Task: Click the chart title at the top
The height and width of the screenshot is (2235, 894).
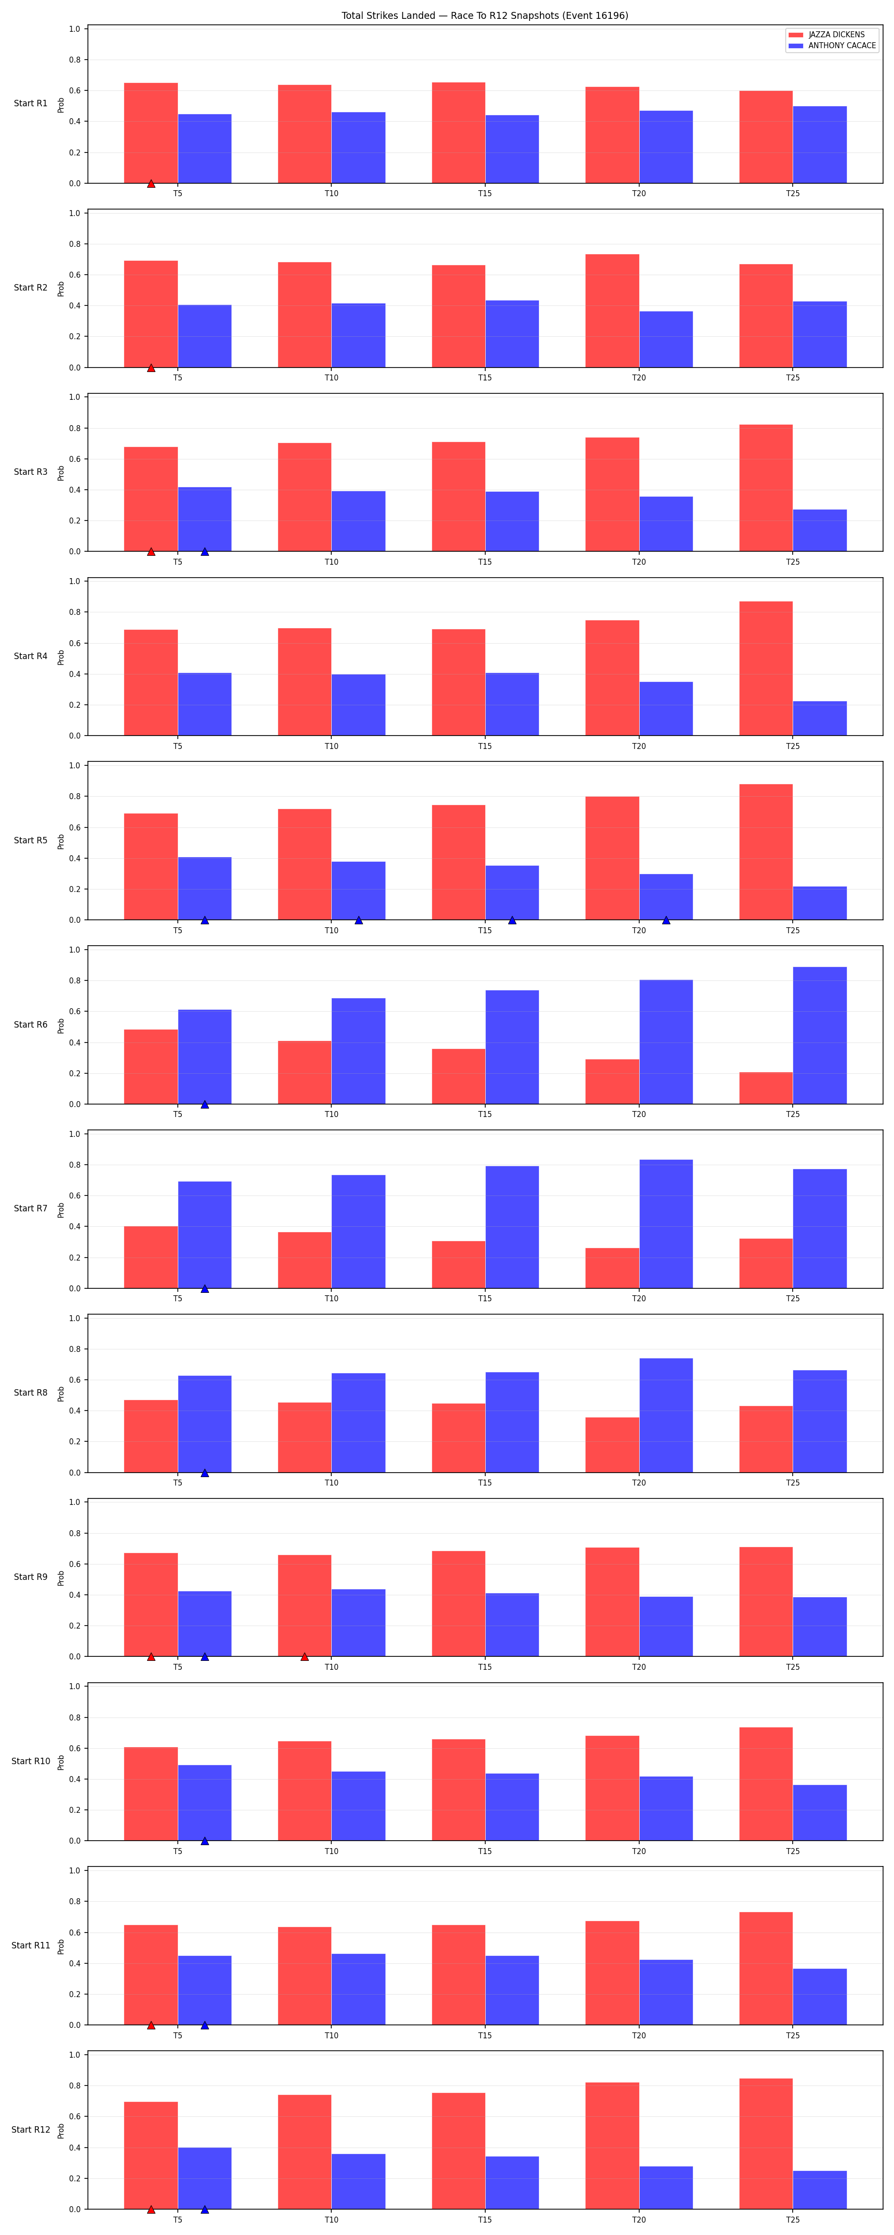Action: pos(484,15)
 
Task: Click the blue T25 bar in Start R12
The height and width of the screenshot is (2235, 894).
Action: pos(819,2190)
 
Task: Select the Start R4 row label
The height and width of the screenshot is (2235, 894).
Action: pos(30,657)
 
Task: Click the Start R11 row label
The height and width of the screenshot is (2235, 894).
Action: pos(30,1946)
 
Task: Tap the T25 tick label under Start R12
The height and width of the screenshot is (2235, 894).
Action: pos(793,2220)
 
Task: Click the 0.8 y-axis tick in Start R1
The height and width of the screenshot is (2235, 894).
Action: pos(74,60)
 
